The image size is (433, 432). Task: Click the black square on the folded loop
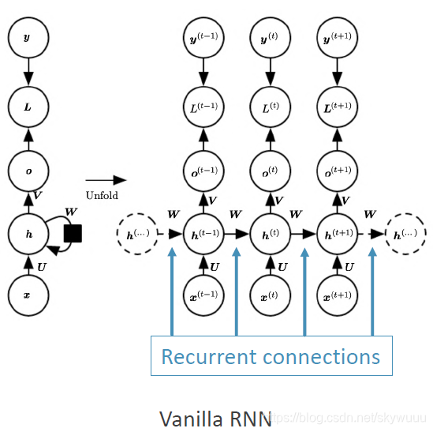(x=73, y=234)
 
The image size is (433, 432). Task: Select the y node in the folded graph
(x=28, y=37)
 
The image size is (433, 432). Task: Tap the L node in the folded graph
(x=28, y=104)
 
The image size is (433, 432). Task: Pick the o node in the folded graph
(x=28, y=170)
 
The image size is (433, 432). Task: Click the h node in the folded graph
(x=28, y=234)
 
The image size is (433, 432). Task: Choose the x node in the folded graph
(x=28, y=295)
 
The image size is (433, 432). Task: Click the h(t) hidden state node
(x=271, y=234)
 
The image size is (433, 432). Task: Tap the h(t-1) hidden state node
(x=203, y=234)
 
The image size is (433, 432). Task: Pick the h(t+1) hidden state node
(x=338, y=234)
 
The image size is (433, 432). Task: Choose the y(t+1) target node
(x=338, y=37)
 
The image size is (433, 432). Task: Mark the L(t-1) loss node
(x=203, y=104)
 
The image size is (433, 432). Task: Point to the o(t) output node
(x=271, y=170)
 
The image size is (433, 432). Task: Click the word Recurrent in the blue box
(x=207, y=357)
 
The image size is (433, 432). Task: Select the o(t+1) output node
(x=338, y=170)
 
